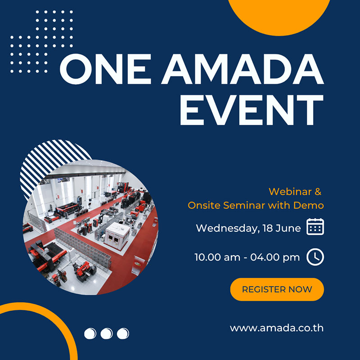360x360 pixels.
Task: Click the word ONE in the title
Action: click(105, 69)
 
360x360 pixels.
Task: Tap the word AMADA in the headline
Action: click(243, 69)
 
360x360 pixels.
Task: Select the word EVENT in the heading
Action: click(252, 110)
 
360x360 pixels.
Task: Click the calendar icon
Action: click(315, 227)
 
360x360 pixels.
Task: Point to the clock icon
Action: click(315, 257)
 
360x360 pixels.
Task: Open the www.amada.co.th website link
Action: click(277, 328)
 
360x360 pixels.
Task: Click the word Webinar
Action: click(290, 192)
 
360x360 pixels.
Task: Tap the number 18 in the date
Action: click(267, 228)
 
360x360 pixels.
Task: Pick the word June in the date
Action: click(288, 228)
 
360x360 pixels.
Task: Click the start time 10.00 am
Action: click(217, 257)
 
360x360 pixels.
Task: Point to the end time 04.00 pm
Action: click(275, 257)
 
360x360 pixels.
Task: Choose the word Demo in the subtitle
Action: click(309, 205)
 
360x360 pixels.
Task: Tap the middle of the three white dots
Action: click(107, 333)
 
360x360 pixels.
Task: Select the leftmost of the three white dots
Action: click(90, 333)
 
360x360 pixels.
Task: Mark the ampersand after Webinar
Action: click(318, 192)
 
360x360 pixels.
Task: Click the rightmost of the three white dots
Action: click(123, 333)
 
